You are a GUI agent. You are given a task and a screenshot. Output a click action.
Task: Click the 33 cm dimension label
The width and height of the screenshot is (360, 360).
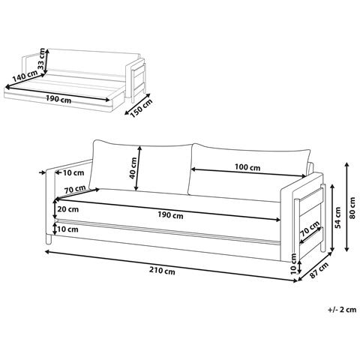tap(42, 59)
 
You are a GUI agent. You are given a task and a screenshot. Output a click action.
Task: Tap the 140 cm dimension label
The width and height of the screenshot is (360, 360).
tap(25, 76)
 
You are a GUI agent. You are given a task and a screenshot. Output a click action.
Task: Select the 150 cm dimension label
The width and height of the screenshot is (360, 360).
tap(141, 109)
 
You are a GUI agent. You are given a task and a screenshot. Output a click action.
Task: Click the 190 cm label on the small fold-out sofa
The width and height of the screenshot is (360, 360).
tap(58, 99)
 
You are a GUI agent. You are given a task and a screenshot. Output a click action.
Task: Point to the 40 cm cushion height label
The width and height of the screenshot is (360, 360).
tap(133, 168)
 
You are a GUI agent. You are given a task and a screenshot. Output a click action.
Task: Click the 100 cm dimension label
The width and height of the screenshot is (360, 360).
tap(247, 167)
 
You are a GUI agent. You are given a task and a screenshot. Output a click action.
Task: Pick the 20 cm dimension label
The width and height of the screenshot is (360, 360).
tap(68, 209)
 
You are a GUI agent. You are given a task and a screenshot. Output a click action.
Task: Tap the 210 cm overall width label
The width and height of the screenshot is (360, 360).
tap(163, 271)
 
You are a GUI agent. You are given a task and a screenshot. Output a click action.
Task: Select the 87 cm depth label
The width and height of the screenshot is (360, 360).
tap(319, 270)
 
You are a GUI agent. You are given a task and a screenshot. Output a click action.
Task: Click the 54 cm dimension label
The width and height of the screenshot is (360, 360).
tap(337, 217)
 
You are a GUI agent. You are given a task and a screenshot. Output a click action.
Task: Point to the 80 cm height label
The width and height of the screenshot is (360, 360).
tap(352, 208)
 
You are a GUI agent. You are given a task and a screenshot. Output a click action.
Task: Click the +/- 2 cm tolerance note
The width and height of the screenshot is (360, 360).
tap(342, 310)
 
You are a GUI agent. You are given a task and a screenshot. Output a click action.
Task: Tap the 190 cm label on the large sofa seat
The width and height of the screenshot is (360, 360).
tap(170, 215)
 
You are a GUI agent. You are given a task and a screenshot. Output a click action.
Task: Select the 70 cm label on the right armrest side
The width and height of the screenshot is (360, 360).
tap(310, 229)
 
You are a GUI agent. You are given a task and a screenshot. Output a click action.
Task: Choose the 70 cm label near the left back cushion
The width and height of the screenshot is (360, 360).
tap(75, 189)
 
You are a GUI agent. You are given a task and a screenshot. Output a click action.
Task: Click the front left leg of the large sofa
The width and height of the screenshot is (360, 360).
tap(49, 239)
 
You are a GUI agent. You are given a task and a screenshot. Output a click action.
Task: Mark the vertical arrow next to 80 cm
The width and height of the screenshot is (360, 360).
tap(346, 207)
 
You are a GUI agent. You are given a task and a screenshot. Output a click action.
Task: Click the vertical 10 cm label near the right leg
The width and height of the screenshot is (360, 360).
tap(294, 264)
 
